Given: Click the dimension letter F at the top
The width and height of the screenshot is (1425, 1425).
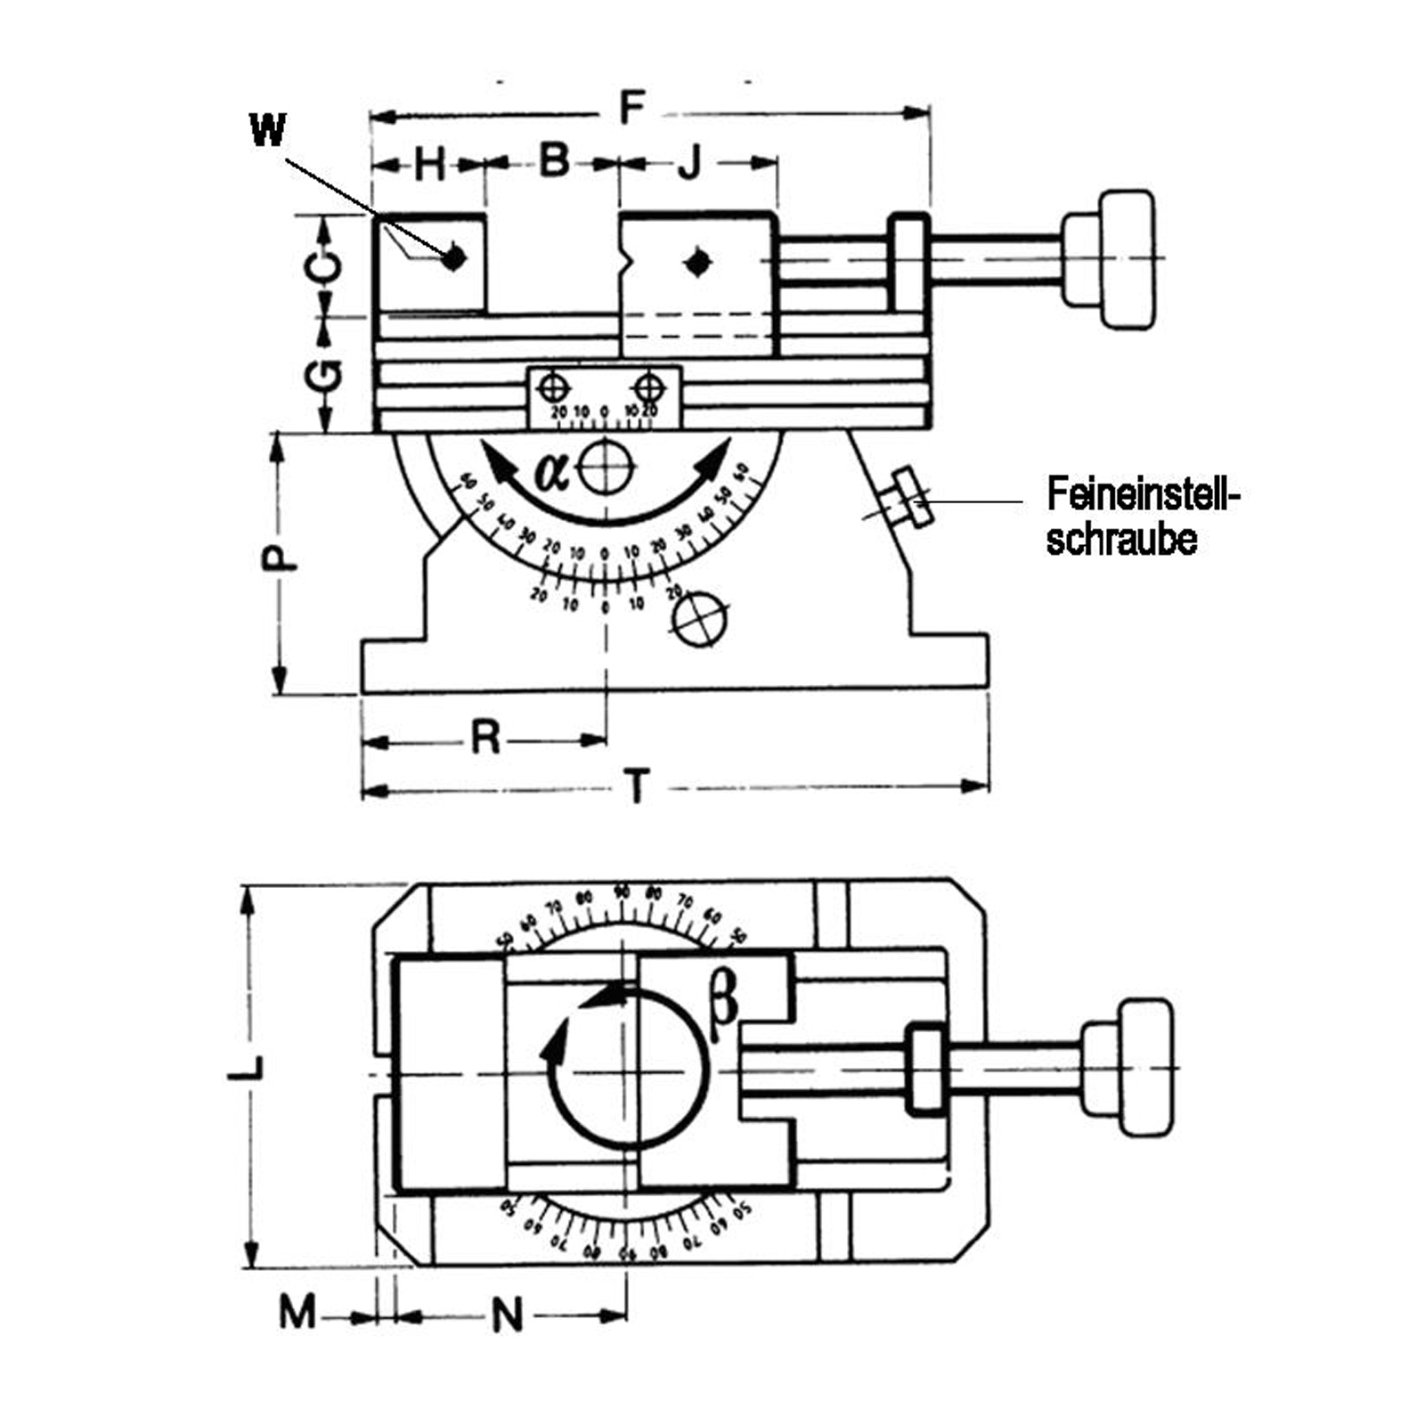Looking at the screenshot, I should [631, 109].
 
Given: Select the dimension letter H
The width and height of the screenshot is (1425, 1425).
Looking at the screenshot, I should [429, 165].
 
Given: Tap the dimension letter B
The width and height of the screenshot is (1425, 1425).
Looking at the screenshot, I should [554, 160].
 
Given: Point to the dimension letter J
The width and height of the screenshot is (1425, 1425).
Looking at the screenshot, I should [690, 163].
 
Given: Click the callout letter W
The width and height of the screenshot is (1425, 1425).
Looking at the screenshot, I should [267, 130].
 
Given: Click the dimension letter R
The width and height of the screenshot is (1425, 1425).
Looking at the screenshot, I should [485, 737].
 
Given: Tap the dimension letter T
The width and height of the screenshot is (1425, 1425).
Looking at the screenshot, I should [636, 787].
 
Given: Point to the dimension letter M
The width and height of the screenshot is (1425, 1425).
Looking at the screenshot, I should [297, 1313].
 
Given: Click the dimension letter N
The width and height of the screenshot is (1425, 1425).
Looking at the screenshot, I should [508, 1315].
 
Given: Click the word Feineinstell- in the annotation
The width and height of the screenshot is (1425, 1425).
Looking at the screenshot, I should [1143, 494].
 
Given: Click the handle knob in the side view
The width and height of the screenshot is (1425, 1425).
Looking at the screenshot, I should [1126, 259].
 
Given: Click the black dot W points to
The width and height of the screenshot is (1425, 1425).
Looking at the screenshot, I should [454, 257].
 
